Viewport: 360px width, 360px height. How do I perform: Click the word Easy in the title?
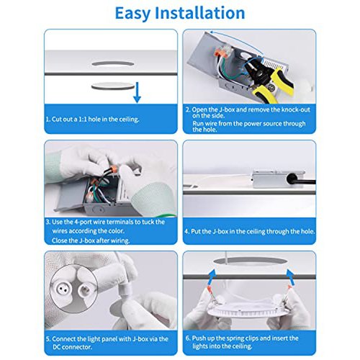(132, 14)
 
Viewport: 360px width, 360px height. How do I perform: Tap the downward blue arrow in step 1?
(137, 92)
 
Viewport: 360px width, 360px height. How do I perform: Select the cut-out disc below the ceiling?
(113, 86)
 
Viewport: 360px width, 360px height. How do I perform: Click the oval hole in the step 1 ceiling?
(113, 64)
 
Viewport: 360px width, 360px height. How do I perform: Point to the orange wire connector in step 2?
(221, 52)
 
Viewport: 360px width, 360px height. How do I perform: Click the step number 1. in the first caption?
(48, 120)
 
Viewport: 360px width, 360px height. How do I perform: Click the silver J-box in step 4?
(279, 179)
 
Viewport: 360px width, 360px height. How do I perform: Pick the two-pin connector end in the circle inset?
(61, 286)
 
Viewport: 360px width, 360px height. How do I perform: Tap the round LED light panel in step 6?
(246, 310)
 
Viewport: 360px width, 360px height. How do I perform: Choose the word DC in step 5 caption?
(57, 347)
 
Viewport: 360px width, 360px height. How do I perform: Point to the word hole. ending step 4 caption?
(306, 232)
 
